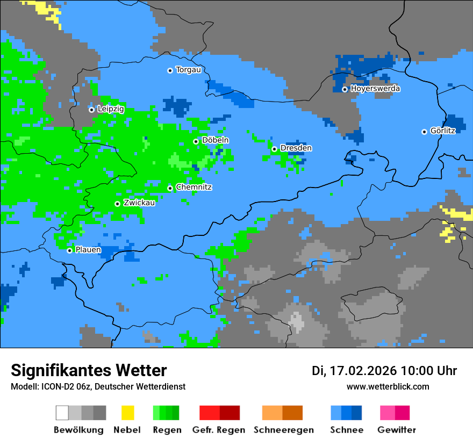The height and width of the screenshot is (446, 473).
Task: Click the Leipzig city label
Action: (111, 109)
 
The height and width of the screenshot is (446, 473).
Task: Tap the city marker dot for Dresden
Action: (274, 149)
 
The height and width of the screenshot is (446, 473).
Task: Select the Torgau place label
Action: (188, 70)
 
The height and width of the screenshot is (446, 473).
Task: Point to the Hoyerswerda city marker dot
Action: (345, 89)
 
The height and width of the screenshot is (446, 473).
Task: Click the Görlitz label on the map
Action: (443, 131)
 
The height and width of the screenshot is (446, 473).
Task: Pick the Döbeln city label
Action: (215, 140)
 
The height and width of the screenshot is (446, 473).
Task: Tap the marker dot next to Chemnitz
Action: (170, 188)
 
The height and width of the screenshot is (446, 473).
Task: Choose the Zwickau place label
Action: (139, 203)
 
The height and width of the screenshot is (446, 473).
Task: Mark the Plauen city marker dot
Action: (69, 250)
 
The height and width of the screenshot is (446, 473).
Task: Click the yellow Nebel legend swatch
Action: (127, 413)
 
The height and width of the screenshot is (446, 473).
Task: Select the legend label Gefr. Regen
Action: (219, 430)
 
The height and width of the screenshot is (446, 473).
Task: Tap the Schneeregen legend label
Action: (283, 430)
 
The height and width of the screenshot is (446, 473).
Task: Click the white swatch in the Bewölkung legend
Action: (62, 413)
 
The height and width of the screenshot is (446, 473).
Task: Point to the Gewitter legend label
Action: (397, 430)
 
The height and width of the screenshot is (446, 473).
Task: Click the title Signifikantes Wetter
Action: (89, 371)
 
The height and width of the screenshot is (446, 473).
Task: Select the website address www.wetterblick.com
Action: (388, 386)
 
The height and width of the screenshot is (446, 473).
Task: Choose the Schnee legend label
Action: (346, 430)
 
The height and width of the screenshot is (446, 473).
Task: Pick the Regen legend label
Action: (167, 430)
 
